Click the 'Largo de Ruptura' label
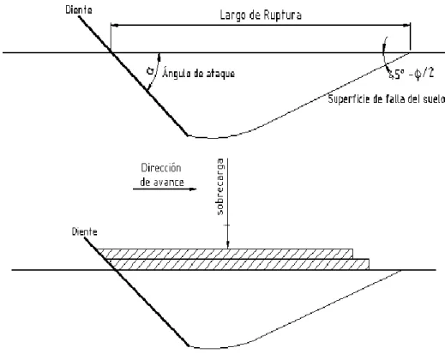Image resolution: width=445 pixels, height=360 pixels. [x=261, y=15]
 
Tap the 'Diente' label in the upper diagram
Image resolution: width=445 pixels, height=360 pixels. [x=79, y=10]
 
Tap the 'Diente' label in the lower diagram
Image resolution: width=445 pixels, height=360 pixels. [x=84, y=231]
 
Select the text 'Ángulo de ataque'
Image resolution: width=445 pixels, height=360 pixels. [x=199, y=73]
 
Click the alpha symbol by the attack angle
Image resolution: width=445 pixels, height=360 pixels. [x=149, y=70]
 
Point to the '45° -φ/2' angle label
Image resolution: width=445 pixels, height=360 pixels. [x=411, y=74]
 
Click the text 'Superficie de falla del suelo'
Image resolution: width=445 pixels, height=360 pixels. [x=387, y=99]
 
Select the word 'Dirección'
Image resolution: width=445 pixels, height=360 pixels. [x=161, y=168]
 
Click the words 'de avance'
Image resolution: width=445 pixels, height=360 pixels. [x=162, y=183]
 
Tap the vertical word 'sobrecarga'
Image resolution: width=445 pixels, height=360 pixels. [x=220, y=186]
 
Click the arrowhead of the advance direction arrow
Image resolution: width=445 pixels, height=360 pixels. [x=193, y=189]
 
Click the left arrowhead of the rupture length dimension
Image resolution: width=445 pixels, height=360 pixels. [x=115, y=26]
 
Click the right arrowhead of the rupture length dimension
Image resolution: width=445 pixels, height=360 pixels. [x=406, y=26]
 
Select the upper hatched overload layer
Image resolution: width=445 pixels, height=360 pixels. [x=226, y=254]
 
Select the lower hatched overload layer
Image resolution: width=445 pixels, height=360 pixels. [x=238, y=264]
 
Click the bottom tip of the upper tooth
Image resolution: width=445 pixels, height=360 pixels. [x=188, y=135]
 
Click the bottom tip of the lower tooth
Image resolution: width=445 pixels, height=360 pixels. [x=189, y=346]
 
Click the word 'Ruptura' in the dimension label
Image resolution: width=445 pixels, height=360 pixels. [x=282, y=15]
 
